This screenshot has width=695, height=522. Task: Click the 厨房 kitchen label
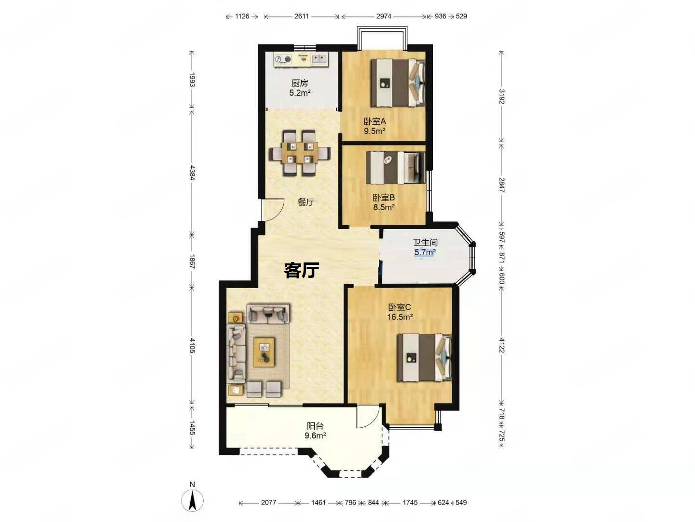click(x=299, y=83)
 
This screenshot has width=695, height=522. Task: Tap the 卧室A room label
click(x=375, y=121)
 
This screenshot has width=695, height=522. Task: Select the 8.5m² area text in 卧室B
click(x=383, y=207)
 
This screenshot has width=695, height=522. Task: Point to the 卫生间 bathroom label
click(x=425, y=243)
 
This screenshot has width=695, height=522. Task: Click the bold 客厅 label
click(x=301, y=270)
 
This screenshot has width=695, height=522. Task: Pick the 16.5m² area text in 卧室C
click(x=400, y=317)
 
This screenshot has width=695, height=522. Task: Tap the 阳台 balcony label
click(x=315, y=426)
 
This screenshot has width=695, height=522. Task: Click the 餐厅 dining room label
click(x=306, y=202)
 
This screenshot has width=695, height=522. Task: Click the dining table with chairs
click(x=300, y=152)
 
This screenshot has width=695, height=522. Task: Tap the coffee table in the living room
click(x=264, y=352)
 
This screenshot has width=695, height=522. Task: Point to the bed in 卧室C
click(x=424, y=357)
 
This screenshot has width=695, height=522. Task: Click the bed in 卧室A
click(x=397, y=83)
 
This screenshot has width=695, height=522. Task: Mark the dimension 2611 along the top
click(x=301, y=16)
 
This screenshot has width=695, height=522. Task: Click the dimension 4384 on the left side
click(x=192, y=172)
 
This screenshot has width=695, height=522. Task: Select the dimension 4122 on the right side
click(x=501, y=345)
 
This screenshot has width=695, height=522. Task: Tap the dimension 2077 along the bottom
click(x=268, y=502)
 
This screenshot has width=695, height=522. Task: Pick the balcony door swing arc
click(x=368, y=417)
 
